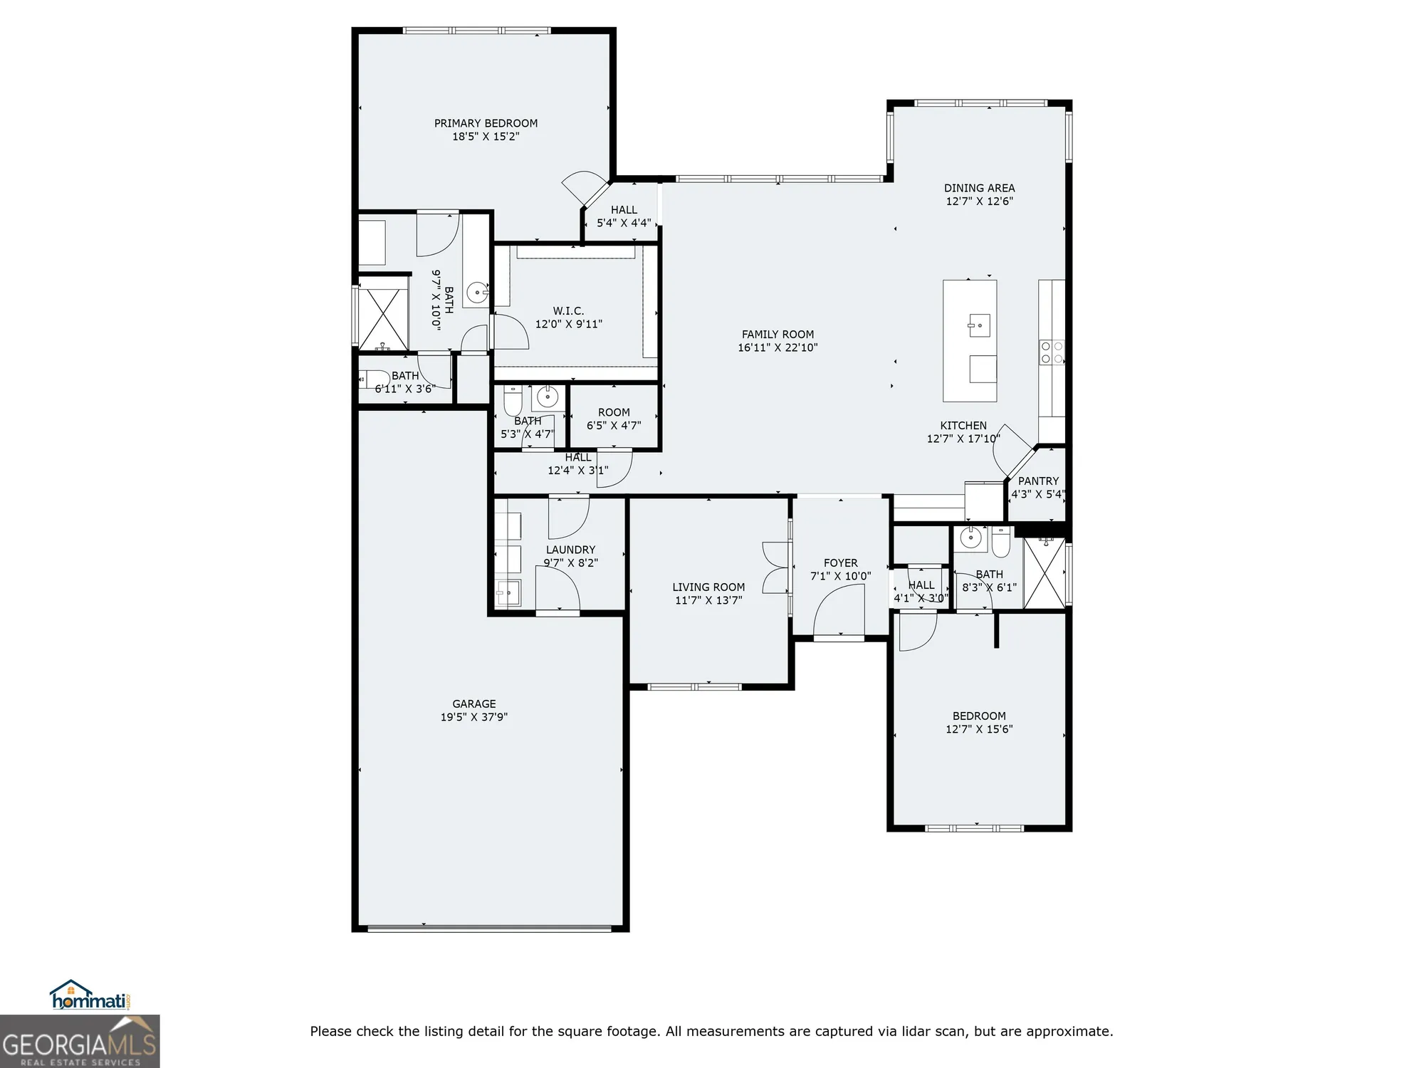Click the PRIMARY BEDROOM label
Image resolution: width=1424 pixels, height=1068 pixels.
(486, 123)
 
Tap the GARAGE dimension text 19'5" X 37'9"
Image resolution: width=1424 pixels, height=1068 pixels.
(473, 717)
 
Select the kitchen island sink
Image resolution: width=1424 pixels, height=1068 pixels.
(979, 325)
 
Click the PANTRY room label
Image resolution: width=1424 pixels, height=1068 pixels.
(1038, 481)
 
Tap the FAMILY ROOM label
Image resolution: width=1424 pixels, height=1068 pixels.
(778, 334)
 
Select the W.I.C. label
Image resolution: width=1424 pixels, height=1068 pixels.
(568, 311)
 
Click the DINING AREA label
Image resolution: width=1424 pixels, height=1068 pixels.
(979, 188)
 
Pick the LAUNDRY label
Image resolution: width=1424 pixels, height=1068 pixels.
(570, 550)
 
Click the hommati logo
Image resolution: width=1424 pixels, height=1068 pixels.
(89, 997)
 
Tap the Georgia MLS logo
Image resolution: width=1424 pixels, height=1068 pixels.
(80, 1043)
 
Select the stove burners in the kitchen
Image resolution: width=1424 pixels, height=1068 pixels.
(1052, 352)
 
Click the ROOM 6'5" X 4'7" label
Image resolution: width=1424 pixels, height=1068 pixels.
(614, 419)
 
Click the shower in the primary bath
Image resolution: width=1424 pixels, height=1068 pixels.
(383, 313)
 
